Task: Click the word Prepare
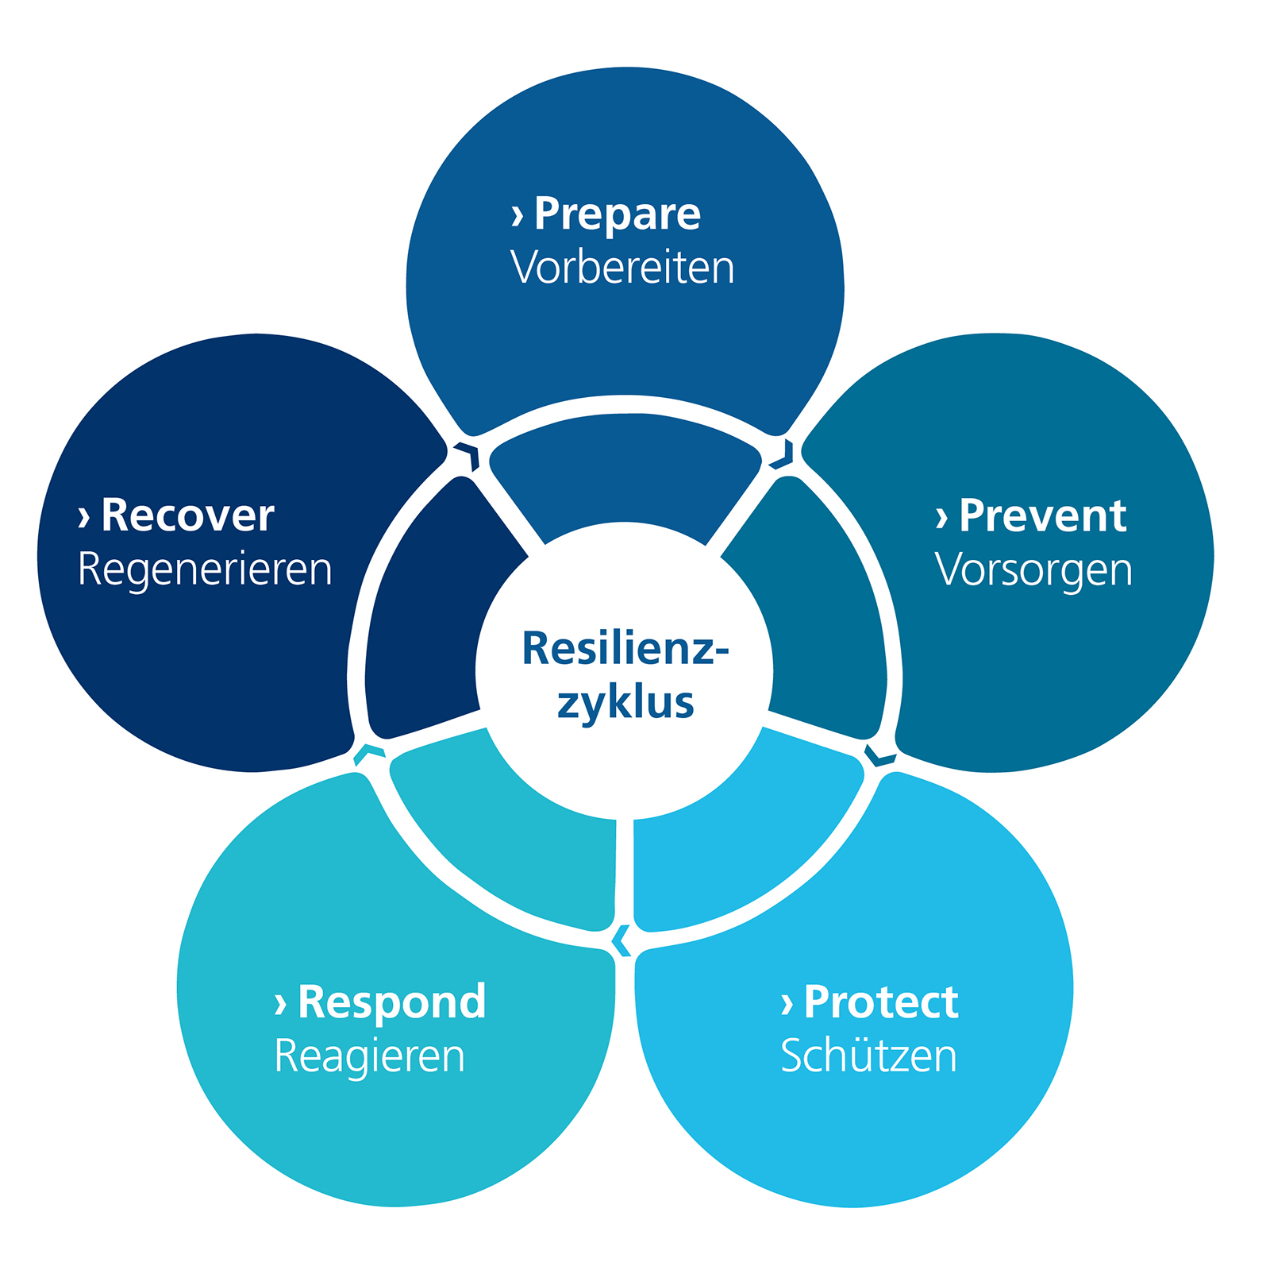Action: pos(617,214)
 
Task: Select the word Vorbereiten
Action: pos(622,268)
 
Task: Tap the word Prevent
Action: pos(1042,516)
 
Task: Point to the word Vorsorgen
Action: pos(1033,570)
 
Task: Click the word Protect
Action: pos(881,1002)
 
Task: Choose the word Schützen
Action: pos(868,1056)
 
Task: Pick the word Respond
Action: pos(391,1002)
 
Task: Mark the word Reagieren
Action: pos(369,1056)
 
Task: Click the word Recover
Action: pos(187,516)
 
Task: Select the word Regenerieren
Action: pos(205,570)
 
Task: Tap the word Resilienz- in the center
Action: pos(625,649)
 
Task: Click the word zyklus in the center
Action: pos(625,704)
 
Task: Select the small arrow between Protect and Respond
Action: pos(622,941)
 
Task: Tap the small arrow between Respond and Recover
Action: pos(368,754)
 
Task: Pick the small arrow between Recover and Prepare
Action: pos(468,456)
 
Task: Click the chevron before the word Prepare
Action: pos(518,215)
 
